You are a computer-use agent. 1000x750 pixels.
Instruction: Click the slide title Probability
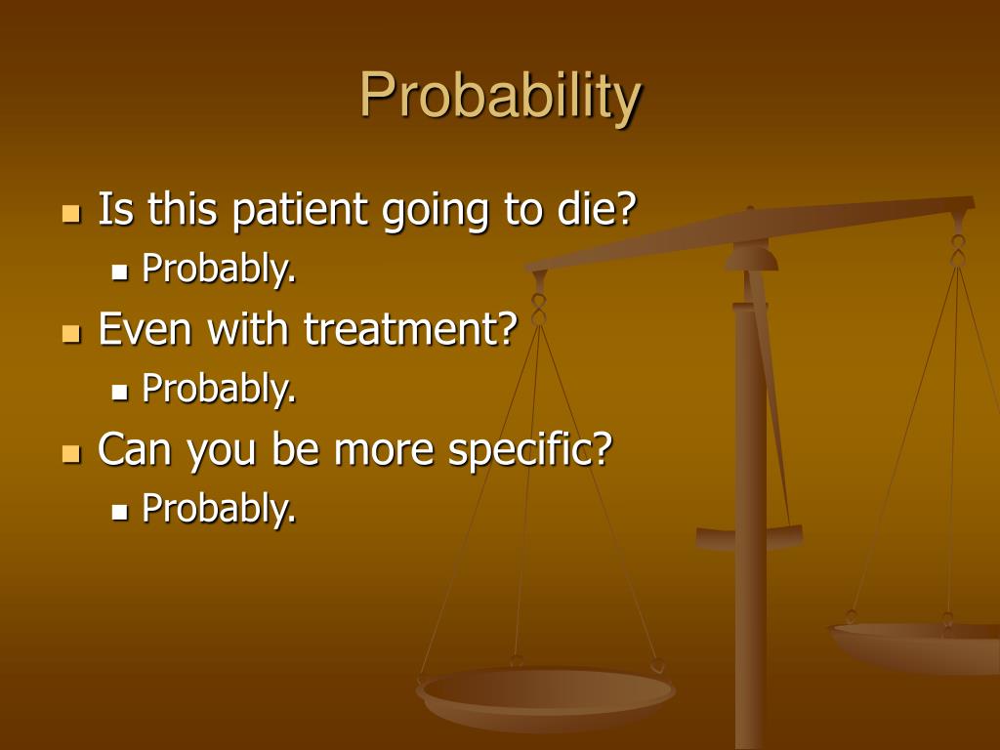pyautogui.click(x=500, y=97)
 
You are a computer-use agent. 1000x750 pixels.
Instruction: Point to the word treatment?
pyautogui.click(x=409, y=330)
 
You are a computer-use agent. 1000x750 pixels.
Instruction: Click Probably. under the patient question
pyautogui.click(x=219, y=269)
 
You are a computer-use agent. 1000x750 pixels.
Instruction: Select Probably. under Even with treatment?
pyautogui.click(x=219, y=389)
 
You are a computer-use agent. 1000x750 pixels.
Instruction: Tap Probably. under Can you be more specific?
pyautogui.click(x=219, y=508)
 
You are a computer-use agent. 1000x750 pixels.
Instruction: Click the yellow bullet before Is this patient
pyautogui.click(x=70, y=213)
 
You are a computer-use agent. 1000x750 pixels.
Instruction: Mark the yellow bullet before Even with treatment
pyautogui.click(x=70, y=333)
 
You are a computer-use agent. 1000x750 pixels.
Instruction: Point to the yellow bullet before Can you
pyautogui.click(x=70, y=452)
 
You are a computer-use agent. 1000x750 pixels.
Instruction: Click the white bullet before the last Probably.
pyautogui.click(x=120, y=511)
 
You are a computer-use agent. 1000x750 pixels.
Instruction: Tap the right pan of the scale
pyautogui.click(x=918, y=645)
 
